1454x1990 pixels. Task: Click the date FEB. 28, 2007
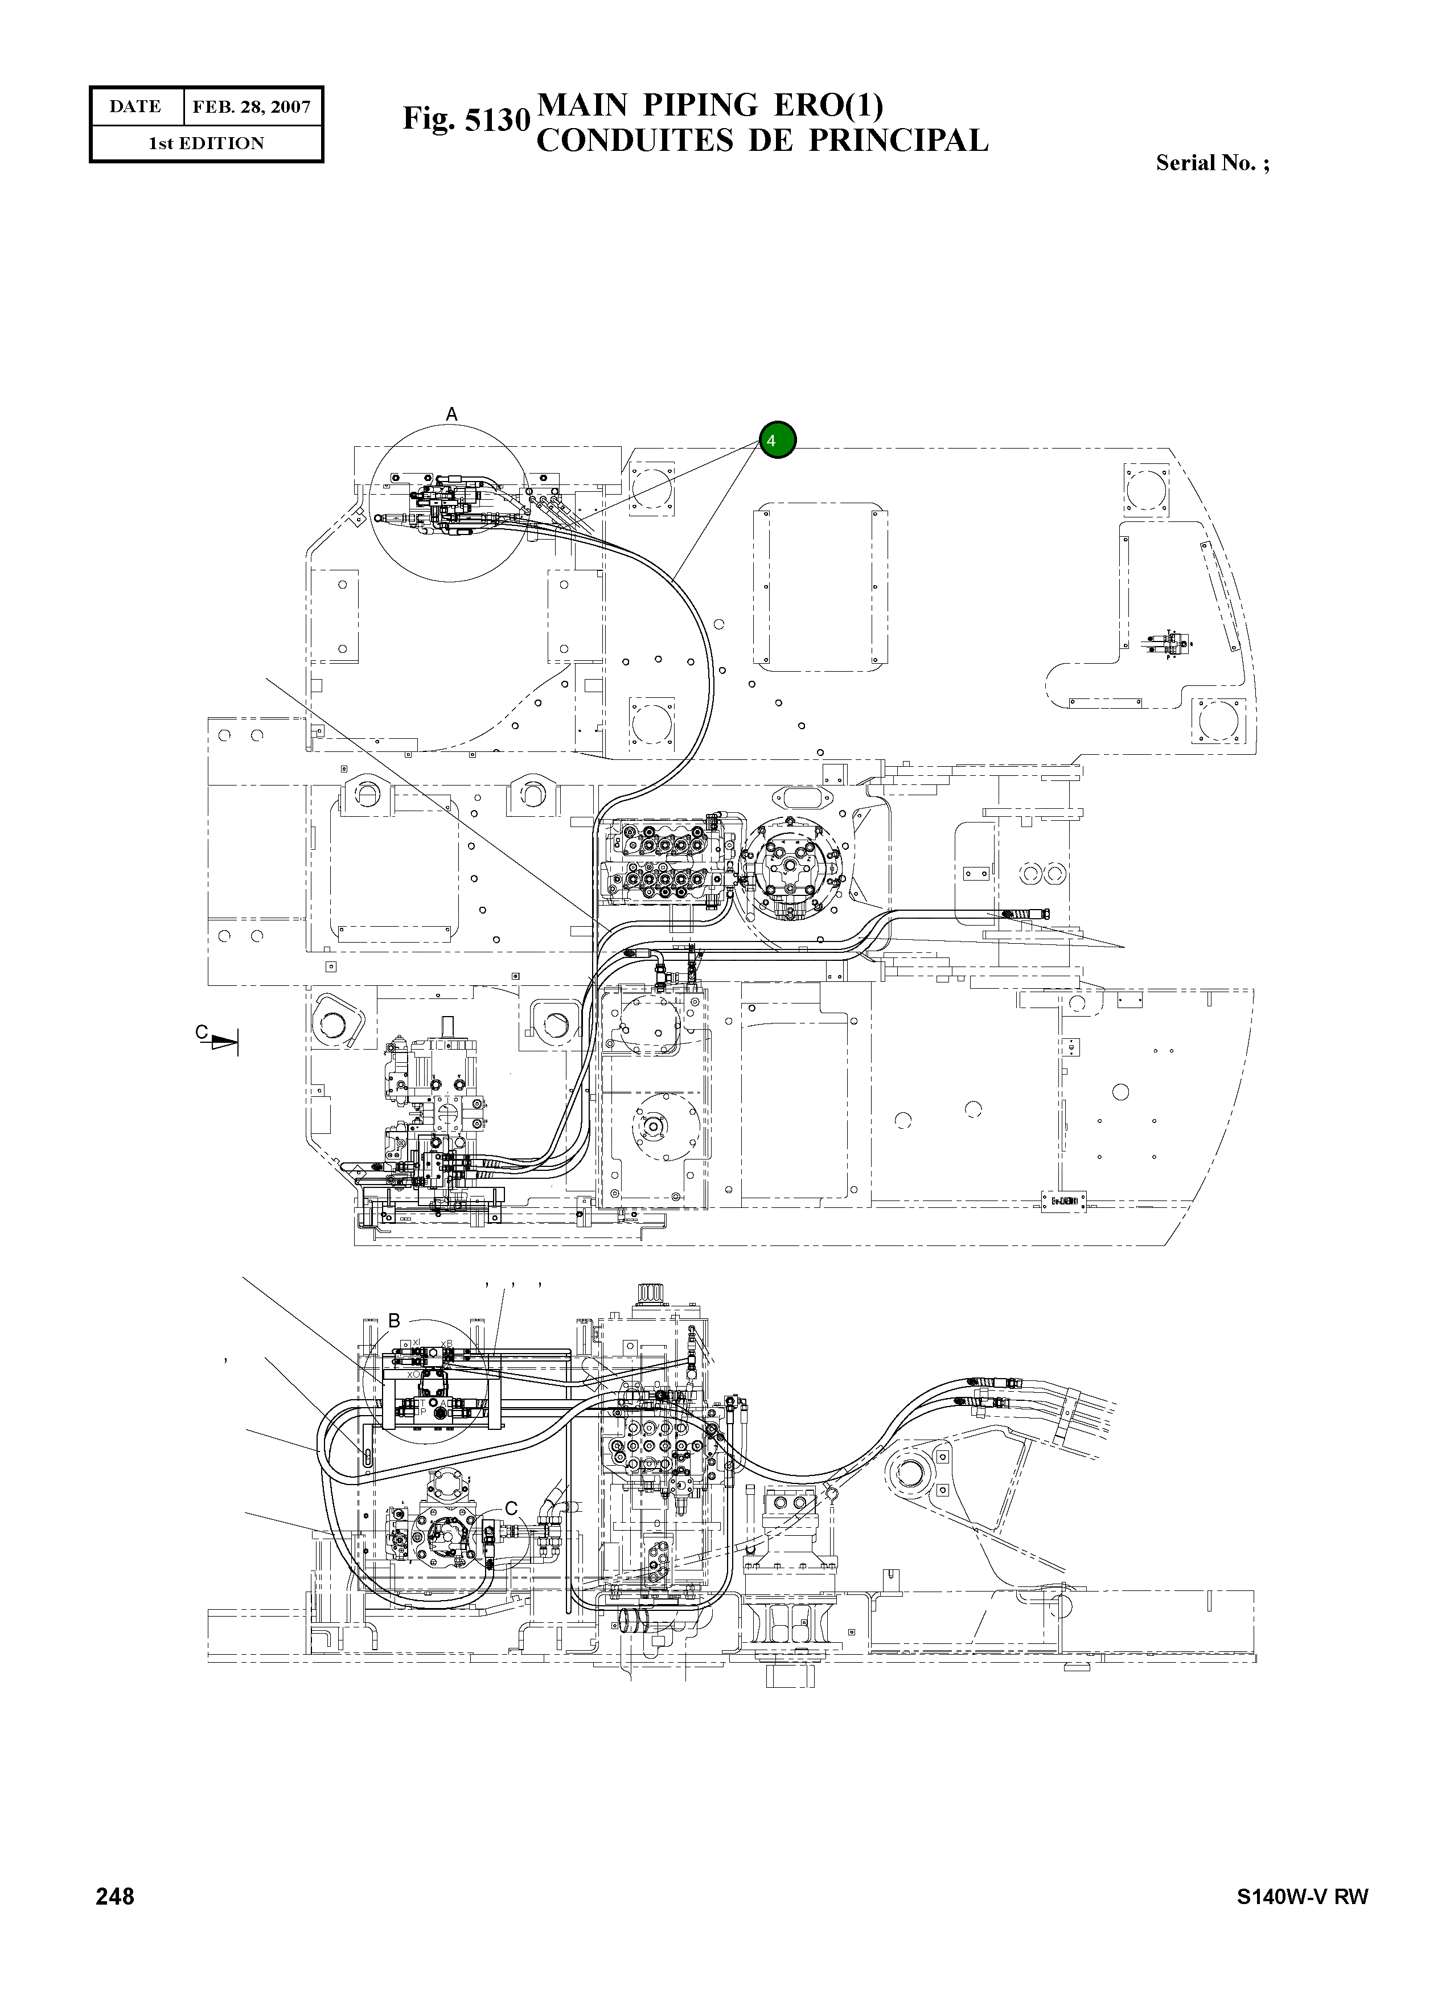252,108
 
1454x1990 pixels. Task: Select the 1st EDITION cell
206,143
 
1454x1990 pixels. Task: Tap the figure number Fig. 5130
466,119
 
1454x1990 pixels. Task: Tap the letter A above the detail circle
451,414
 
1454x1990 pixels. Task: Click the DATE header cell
135,108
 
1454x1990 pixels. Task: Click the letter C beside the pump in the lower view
511,1506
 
